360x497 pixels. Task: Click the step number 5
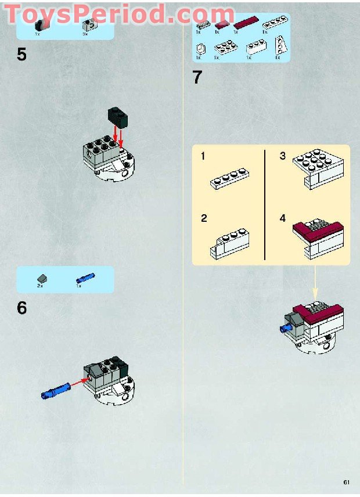click(21, 55)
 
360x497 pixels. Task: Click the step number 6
click(21, 308)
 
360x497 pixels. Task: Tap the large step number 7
click(197, 77)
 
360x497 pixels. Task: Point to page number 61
click(347, 482)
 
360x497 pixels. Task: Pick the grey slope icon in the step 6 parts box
click(42, 279)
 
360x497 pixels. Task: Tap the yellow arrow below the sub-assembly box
click(316, 284)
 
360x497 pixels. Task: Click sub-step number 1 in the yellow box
click(203, 157)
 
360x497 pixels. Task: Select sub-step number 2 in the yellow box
click(204, 218)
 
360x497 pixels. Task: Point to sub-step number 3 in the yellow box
click(283, 156)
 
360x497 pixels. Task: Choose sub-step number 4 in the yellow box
click(283, 218)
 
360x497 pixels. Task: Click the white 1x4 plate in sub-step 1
click(229, 179)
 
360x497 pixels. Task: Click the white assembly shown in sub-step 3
click(318, 170)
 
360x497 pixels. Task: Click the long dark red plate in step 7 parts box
click(244, 24)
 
